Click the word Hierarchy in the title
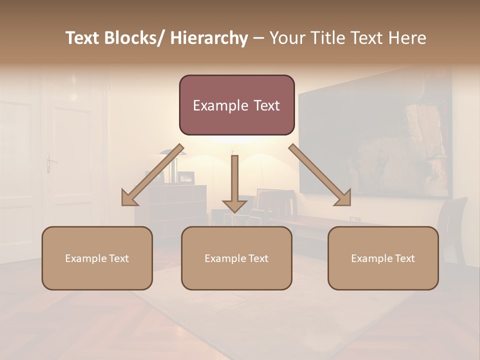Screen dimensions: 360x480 point(209,38)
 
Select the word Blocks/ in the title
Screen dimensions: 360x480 point(133,38)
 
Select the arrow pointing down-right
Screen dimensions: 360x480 point(320,175)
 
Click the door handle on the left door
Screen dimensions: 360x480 point(49,162)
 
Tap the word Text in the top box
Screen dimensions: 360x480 point(265,105)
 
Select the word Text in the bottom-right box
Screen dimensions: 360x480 point(404,258)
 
